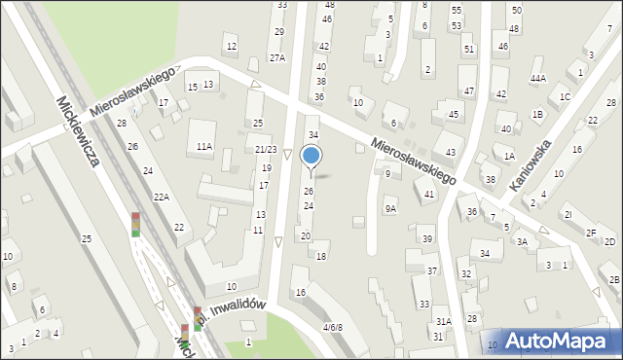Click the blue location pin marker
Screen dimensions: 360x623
311,157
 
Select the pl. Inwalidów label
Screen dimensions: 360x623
231,309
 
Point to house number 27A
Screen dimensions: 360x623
277,58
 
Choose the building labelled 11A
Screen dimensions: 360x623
203,146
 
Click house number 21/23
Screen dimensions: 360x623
266,149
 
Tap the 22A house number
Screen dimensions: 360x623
162,198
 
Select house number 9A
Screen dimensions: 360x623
390,208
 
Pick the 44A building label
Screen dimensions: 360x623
537,79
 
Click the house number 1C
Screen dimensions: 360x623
565,97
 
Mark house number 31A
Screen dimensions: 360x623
444,321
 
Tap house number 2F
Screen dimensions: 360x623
591,233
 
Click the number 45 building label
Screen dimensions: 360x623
453,115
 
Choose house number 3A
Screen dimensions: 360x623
522,242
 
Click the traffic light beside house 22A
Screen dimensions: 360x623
135,225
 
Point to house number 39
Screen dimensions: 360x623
426,239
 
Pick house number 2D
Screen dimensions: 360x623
609,241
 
